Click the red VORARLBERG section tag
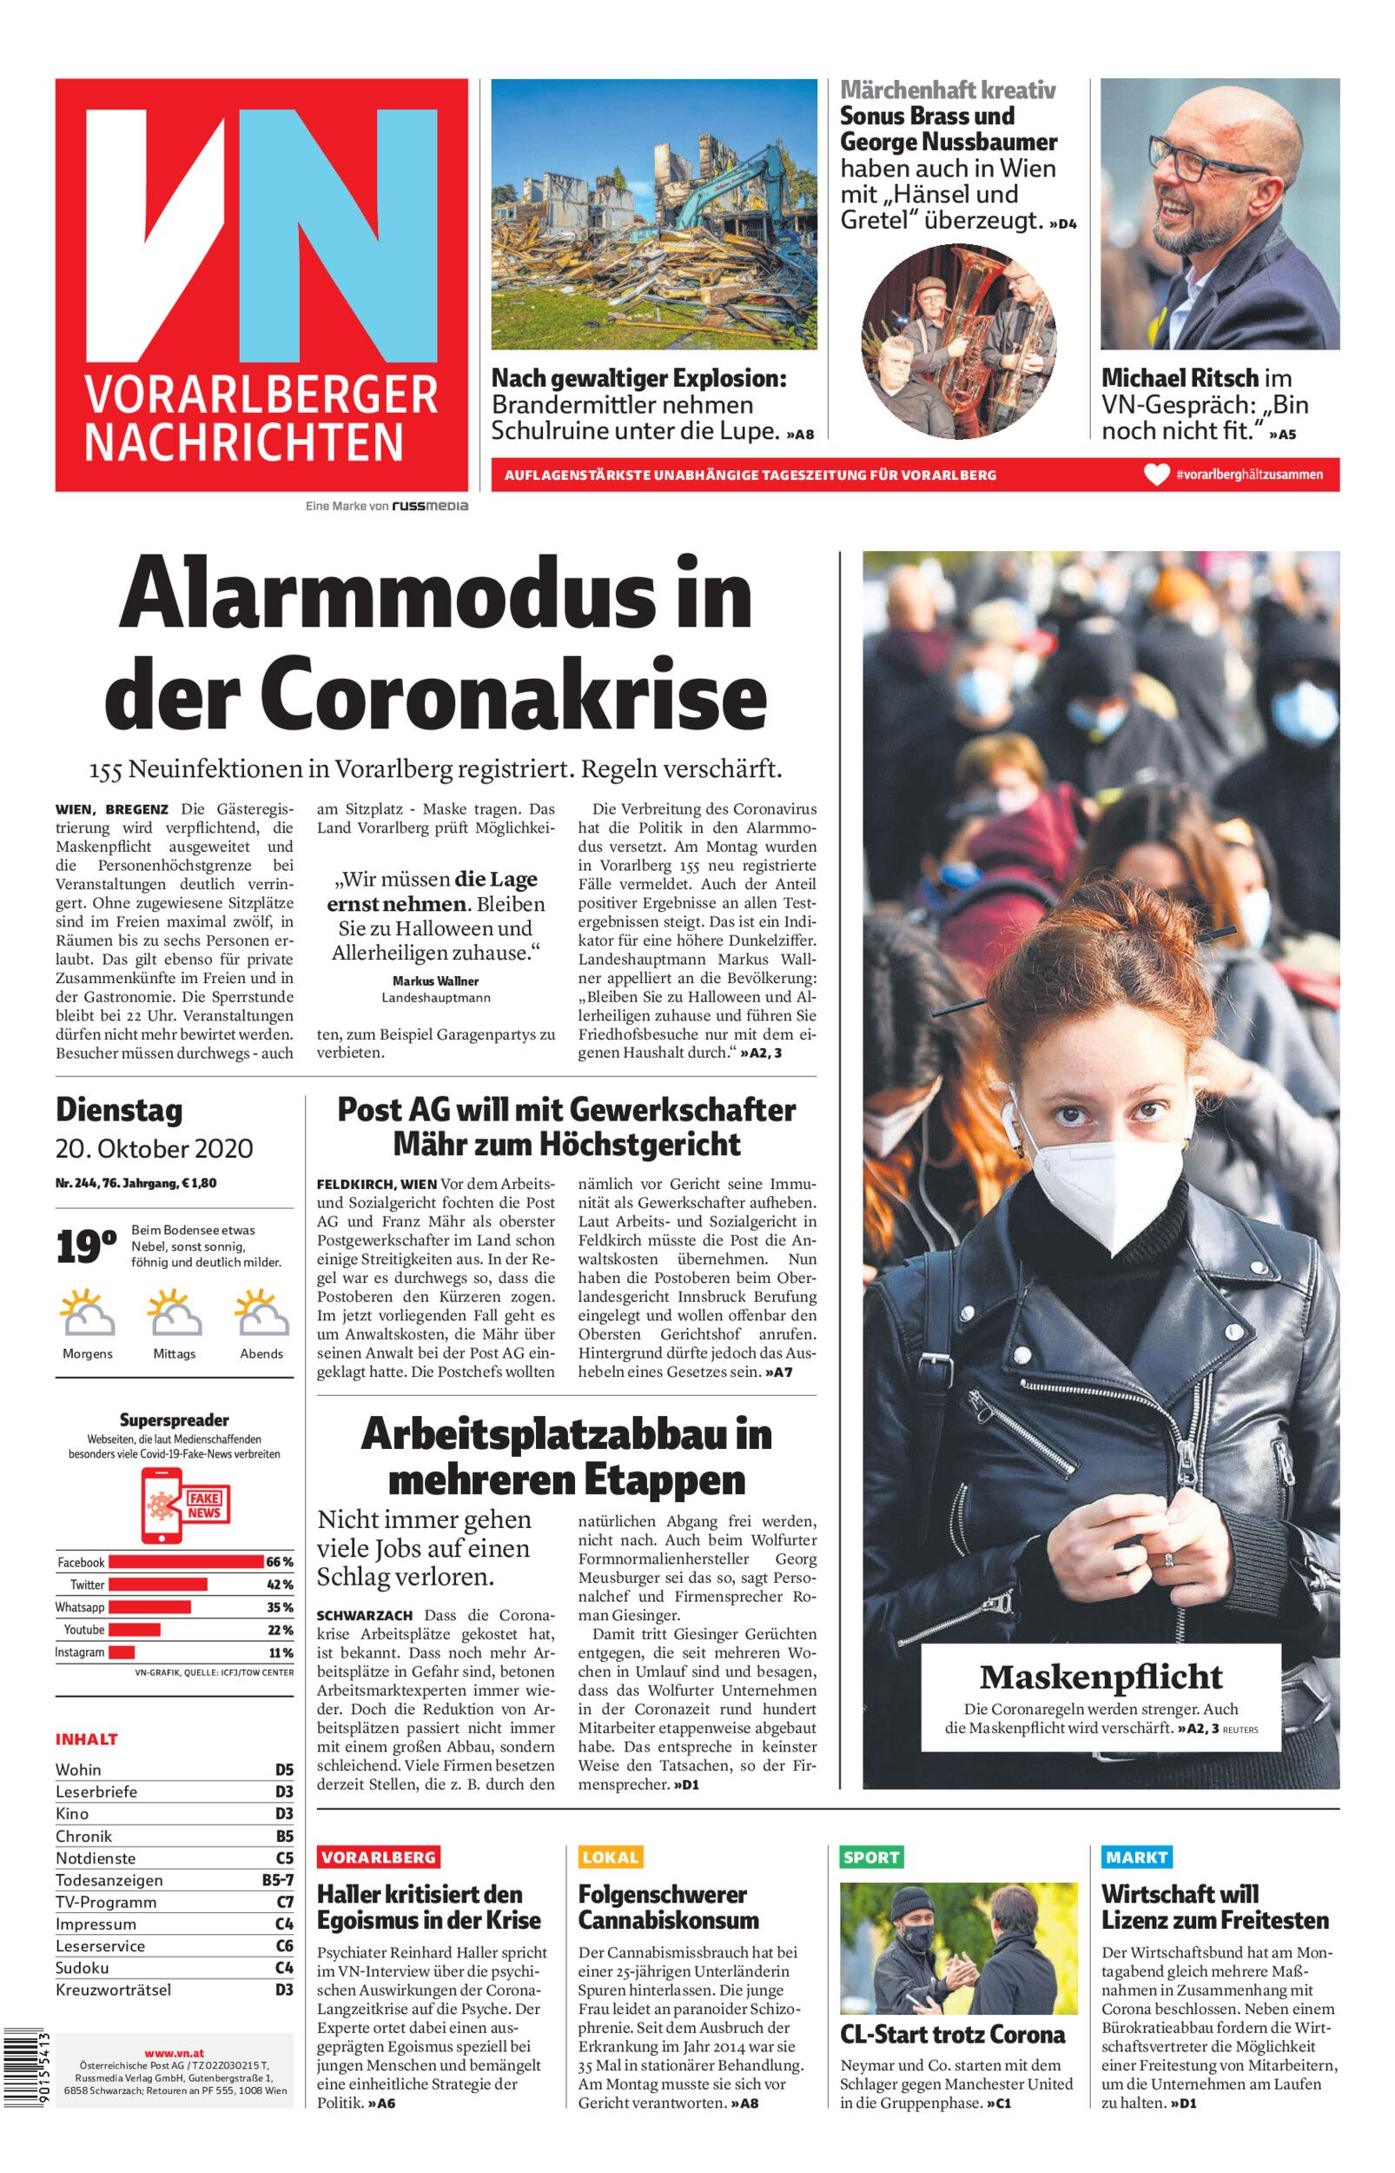[x=379, y=1857]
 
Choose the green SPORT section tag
[x=870, y=1857]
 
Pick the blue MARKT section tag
[x=1136, y=1857]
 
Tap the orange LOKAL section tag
[x=610, y=1857]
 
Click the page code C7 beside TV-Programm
[x=284, y=1902]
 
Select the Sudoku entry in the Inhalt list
[x=83, y=1967]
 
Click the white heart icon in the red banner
[x=1157, y=475]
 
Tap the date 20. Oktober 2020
[x=154, y=1149]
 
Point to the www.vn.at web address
[x=174, y=2047]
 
